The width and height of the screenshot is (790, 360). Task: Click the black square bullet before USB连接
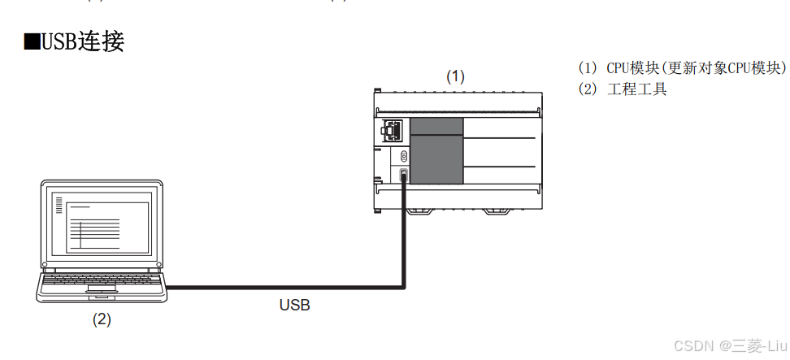32,42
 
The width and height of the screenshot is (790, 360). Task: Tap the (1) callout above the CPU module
455,76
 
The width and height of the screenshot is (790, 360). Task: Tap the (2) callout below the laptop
101,319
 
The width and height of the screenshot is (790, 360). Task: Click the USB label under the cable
294,306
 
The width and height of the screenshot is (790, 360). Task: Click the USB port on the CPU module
403,175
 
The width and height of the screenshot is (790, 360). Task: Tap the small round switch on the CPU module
403,155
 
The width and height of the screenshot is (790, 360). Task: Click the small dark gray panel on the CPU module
436,125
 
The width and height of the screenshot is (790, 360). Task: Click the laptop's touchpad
102,288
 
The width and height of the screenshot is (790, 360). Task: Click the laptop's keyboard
102,280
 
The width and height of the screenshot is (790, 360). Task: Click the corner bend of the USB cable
403,285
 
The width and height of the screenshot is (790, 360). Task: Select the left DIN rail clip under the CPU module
419,211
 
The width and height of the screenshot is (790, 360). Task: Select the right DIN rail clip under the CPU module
497,211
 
